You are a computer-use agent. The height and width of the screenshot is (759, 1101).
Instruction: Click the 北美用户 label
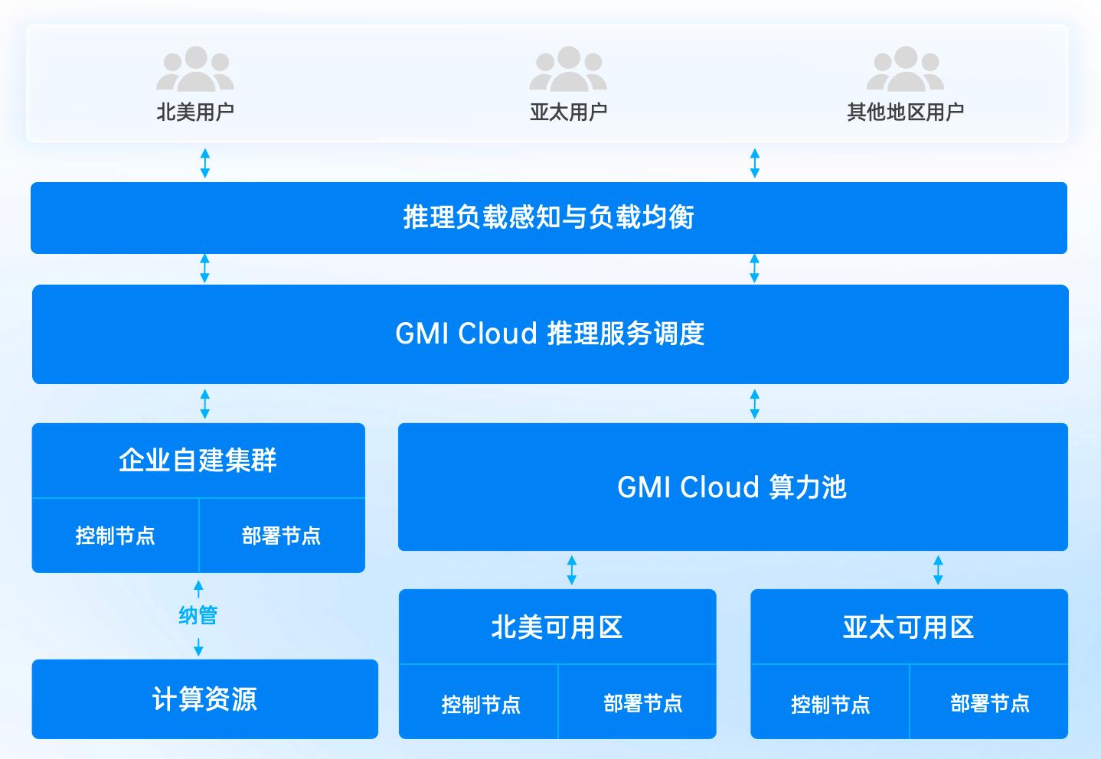[x=195, y=112]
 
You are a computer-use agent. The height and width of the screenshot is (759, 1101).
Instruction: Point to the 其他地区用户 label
[x=905, y=112]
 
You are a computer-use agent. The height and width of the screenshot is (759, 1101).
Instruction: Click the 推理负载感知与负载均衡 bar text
[x=548, y=217]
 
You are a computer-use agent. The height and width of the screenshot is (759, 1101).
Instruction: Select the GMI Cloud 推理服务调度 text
[x=550, y=334]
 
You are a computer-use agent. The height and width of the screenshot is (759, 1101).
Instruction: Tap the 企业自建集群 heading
[x=198, y=461]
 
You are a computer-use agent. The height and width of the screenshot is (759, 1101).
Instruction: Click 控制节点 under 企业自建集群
[x=115, y=536]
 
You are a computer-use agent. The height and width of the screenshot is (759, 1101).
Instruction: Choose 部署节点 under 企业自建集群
[x=281, y=536]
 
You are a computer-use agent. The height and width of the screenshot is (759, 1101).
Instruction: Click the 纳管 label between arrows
[x=198, y=615]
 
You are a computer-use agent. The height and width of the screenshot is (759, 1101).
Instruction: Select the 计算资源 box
[x=204, y=699]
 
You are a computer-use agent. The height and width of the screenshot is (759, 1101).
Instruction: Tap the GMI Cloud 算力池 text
[x=732, y=487]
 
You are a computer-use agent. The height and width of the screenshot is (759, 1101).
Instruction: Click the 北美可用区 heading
[x=557, y=627]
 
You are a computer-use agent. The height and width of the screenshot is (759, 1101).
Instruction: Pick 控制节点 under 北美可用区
[x=481, y=704]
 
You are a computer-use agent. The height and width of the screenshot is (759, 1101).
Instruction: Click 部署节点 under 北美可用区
[x=642, y=703]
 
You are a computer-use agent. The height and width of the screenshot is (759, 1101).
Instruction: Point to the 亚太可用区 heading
[x=908, y=627]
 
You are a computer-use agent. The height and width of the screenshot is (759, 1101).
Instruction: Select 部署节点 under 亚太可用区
[x=990, y=703]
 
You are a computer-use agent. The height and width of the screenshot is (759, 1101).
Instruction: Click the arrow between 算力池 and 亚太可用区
[x=938, y=570]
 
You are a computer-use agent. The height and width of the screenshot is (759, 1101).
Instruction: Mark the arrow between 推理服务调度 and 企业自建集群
[x=204, y=403]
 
